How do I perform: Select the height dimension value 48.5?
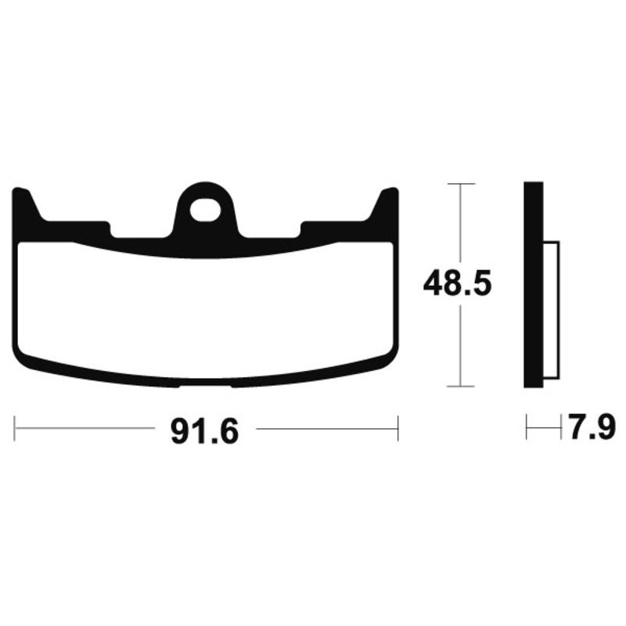click(x=457, y=283)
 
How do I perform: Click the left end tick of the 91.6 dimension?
click(x=15, y=428)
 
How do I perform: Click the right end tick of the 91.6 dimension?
click(x=398, y=428)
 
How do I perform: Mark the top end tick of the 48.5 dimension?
click(x=460, y=184)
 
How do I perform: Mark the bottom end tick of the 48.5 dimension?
click(x=460, y=386)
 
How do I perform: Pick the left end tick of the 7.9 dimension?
click(x=527, y=428)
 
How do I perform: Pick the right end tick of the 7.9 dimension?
click(x=562, y=428)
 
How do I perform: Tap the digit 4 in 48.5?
click(x=434, y=283)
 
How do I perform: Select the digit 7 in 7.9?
click(x=578, y=428)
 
